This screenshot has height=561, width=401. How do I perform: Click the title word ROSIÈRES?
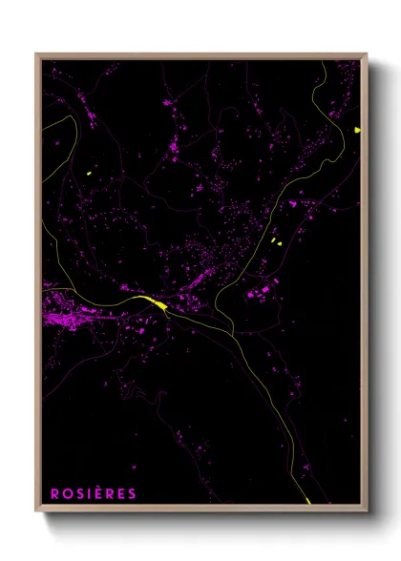[x=95, y=493]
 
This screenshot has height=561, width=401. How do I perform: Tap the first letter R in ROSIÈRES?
[x=55, y=493]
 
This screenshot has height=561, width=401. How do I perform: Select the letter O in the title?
[x=67, y=493]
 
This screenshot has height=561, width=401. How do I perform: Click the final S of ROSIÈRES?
[x=133, y=493]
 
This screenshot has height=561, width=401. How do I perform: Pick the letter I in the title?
[x=89, y=493]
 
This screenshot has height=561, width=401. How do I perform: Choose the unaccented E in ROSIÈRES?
[x=121, y=493]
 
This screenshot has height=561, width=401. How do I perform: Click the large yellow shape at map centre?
[x=154, y=303]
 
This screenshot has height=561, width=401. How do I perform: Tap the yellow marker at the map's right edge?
[x=356, y=129]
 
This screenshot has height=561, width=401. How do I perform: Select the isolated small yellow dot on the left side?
[x=88, y=173]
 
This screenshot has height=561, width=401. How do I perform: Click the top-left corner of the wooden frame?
[x=37, y=54]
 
